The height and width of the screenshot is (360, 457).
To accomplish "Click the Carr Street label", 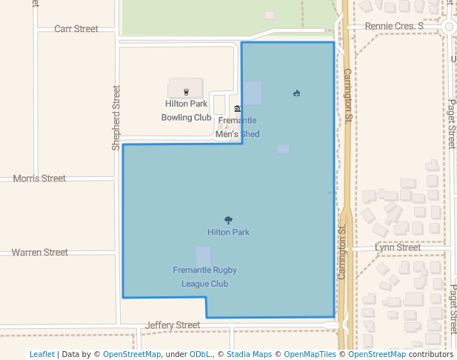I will pos(76,29).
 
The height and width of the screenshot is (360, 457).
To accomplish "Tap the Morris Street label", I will pos(39,179).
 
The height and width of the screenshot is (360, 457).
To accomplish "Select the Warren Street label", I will pos(39,253).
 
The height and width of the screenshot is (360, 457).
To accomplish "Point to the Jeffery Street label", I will pos(173,325).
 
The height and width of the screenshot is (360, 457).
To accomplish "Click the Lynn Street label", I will pos(397,247).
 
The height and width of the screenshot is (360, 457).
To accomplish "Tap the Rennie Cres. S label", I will pos(394,27).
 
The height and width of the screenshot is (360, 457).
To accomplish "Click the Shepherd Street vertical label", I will pos(116,118).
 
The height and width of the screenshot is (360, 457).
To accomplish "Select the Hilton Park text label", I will pos(228,232).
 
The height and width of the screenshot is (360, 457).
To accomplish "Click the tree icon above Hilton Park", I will pos(228,220).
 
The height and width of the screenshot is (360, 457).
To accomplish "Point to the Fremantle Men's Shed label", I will pos(237,127).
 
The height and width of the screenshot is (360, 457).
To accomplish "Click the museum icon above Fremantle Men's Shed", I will pos(237,109).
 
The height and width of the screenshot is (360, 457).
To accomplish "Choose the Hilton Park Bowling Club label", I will pos(187,110).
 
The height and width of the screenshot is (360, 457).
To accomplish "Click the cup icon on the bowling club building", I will pos(186,92).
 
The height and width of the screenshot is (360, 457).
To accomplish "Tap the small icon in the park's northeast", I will pos(296,93).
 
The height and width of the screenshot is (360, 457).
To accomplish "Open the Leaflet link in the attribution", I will pos(41,354).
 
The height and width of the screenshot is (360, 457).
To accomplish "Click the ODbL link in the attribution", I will pos(200,354).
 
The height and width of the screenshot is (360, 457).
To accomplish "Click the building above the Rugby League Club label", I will pos(203,255).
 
